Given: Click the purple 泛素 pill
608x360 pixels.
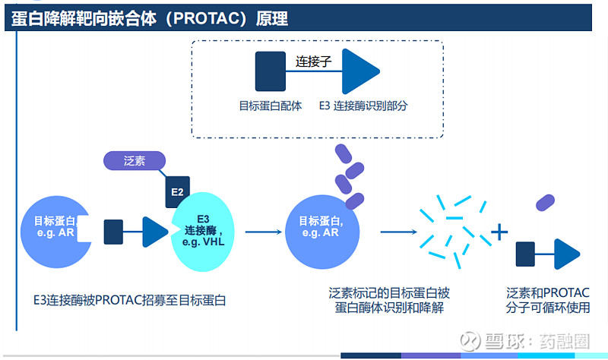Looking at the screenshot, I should (135, 161).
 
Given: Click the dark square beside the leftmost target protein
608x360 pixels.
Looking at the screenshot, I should (113, 232).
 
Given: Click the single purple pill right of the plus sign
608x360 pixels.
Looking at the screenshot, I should (544, 202).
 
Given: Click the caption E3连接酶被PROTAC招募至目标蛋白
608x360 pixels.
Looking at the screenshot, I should (130, 300).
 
